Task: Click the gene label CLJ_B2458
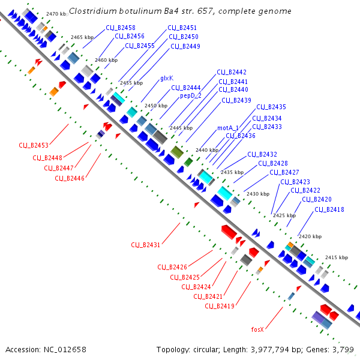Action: click(x=121, y=28)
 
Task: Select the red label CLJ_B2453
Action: click(x=34, y=145)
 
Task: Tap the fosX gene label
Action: click(x=257, y=329)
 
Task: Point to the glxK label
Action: click(x=167, y=79)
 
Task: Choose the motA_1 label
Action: click(x=228, y=128)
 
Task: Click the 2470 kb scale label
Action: click(x=56, y=13)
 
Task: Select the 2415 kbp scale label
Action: click(x=336, y=257)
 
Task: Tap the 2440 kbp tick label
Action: click(x=207, y=150)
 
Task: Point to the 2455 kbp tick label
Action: click(x=132, y=83)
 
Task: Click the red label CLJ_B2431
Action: click(x=146, y=245)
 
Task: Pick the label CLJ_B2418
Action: click(x=329, y=209)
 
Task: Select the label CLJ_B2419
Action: click(x=220, y=306)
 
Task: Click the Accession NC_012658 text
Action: click(x=46, y=349)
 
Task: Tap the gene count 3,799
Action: click(x=343, y=349)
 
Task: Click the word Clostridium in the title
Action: click(x=94, y=11)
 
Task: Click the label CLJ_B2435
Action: click(x=271, y=107)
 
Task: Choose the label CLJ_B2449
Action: click(x=185, y=46)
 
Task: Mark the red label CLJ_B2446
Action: click(x=70, y=178)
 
